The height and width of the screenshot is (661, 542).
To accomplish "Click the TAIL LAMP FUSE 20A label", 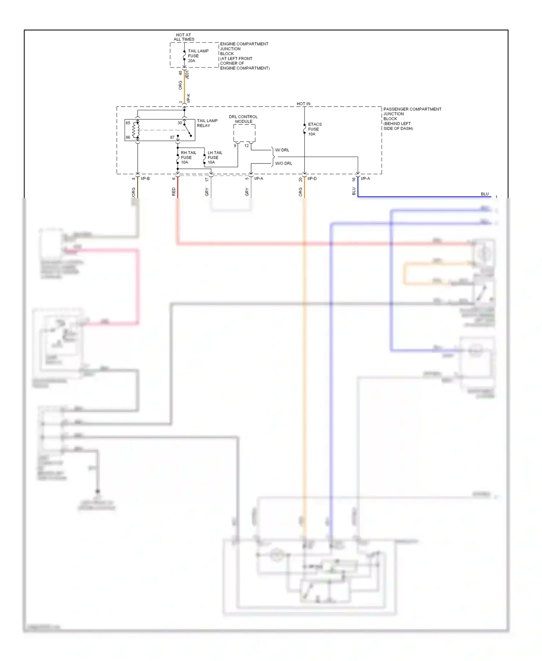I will click(x=198, y=56).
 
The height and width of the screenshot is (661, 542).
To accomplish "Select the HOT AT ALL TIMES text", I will click(x=184, y=37).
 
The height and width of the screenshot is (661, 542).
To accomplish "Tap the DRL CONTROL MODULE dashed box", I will click(x=244, y=133).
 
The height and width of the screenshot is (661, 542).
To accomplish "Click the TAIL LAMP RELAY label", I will click(x=207, y=123).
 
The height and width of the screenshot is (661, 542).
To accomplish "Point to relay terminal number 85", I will click(x=128, y=123).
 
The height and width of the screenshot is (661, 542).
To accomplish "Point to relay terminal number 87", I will click(x=172, y=137).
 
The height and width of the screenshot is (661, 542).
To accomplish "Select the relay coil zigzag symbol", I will click(x=135, y=130).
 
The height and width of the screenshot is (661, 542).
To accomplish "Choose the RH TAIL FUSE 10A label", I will click(x=188, y=157).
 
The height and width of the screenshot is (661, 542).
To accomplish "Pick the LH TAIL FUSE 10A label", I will click(x=215, y=157).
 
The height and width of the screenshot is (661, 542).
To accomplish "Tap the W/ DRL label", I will click(x=282, y=150).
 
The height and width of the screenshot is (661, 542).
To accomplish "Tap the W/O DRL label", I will click(x=284, y=163).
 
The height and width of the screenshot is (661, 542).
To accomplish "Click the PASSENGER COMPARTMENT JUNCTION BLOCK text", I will click(x=412, y=119).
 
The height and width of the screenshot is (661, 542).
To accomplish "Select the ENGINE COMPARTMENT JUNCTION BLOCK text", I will click(x=244, y=56).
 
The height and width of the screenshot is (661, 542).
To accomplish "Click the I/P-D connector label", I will click(x=312, y=179).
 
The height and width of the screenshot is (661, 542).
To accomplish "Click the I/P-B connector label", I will click(x=145, y=179).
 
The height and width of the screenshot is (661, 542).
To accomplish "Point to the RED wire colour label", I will click(x=174, y=192).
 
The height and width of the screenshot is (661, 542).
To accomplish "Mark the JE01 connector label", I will click(x=187, y=74).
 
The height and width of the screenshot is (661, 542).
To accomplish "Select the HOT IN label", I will click(x=303, y=104).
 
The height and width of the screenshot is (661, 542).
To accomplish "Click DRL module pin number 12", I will click(x=246, y=146).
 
